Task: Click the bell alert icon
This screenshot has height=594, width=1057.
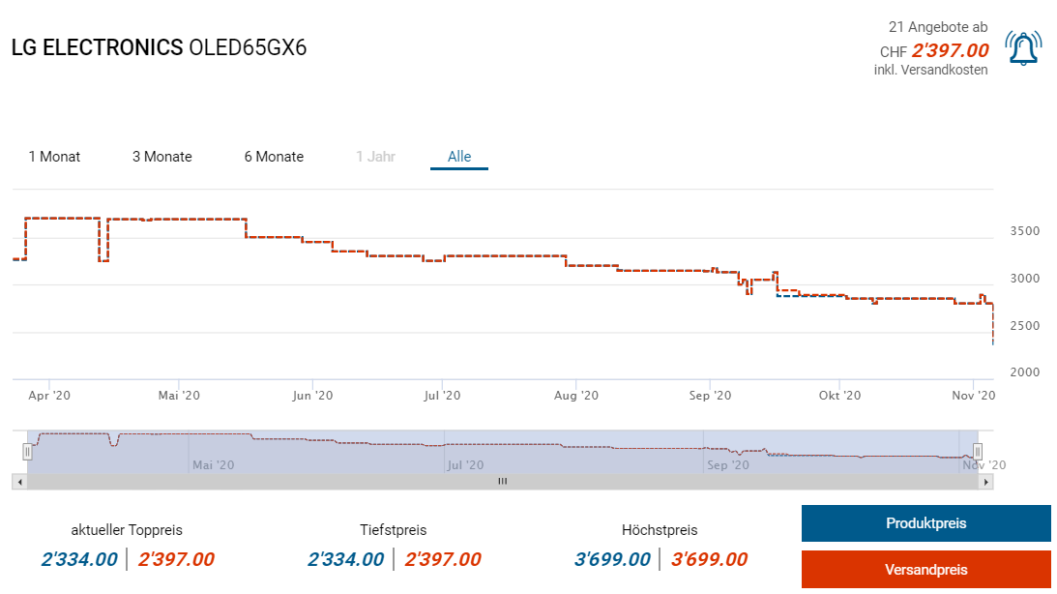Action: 1023,48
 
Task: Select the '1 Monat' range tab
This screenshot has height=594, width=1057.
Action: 54,157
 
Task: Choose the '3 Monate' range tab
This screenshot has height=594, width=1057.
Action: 162,157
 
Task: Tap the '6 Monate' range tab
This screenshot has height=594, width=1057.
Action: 274,157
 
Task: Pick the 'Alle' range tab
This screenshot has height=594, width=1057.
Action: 459,157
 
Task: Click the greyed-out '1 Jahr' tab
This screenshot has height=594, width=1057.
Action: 375,157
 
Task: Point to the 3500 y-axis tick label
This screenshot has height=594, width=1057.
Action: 1025,232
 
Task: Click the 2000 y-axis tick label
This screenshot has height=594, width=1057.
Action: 1025,372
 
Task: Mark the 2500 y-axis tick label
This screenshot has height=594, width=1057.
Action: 1025,326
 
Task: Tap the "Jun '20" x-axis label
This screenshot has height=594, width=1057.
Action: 311,395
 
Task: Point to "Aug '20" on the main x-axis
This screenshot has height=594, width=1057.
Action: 576,395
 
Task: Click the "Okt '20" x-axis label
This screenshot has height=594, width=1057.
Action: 839,395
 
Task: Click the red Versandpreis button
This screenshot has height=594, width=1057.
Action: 925,570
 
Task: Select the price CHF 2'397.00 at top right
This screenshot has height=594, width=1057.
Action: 950,51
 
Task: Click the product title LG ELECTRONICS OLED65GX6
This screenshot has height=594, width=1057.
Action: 159,47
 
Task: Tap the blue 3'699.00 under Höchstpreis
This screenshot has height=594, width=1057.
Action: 612,559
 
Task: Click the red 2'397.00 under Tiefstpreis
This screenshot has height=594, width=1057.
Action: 443,559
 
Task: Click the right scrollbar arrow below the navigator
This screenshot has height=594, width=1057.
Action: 986,481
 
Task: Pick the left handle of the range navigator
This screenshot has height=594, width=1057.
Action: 28,451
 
